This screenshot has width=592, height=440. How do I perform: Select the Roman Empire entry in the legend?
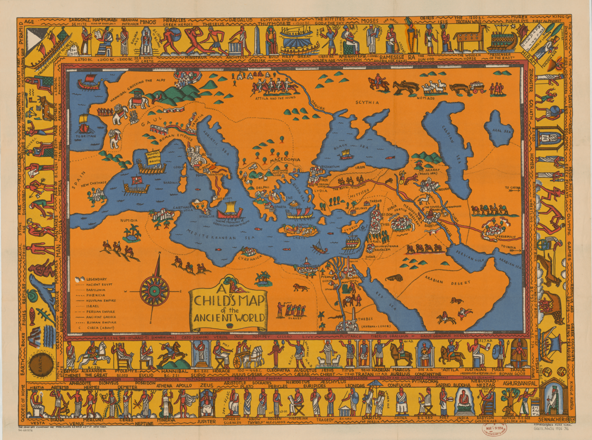99,321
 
